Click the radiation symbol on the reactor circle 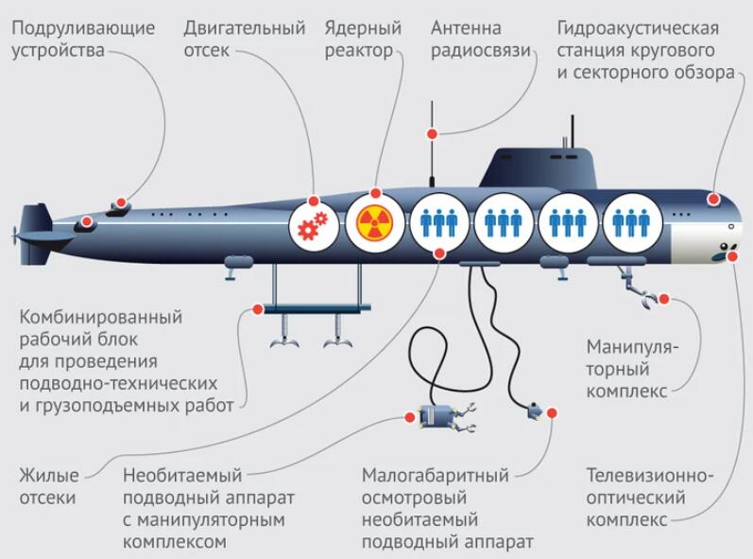point(373,224)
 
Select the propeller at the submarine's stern point(16,231)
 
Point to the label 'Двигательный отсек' point(245,39)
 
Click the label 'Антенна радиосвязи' point(480,39)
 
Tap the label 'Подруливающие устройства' point(83,39)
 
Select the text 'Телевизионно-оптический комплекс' point(650,497)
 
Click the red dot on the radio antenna point(433,134)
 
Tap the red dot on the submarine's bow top point(713,200)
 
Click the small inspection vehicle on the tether point(535,411)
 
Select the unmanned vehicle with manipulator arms point(440,417)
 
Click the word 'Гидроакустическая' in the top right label point(635,27)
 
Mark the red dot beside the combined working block point(257,308)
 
